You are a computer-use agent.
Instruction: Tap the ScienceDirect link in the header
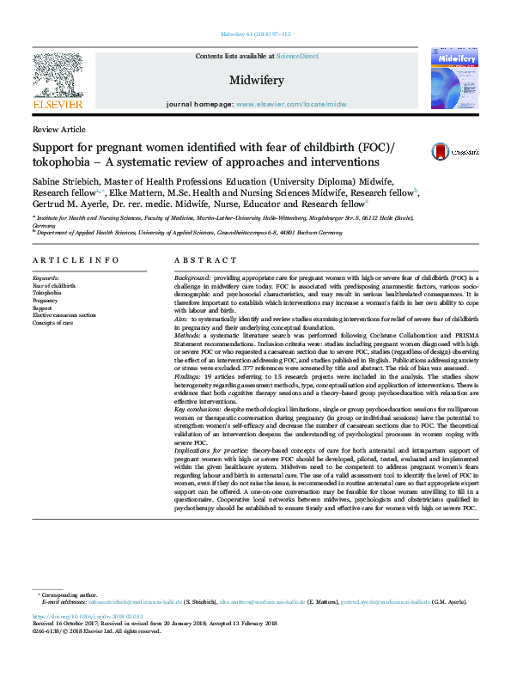point(297,56)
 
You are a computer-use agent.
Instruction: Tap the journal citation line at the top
point(255,34)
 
